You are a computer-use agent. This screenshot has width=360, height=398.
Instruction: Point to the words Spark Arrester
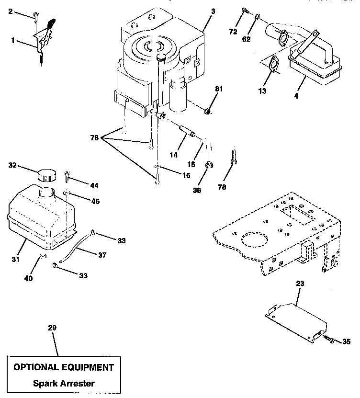64,383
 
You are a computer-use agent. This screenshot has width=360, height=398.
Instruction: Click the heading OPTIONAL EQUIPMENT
64,367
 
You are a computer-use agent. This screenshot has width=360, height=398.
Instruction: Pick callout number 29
52,328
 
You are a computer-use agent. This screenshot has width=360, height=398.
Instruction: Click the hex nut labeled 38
209,166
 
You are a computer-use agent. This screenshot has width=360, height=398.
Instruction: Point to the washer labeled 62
257,17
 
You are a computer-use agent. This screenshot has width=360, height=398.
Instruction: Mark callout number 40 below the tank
28,278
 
